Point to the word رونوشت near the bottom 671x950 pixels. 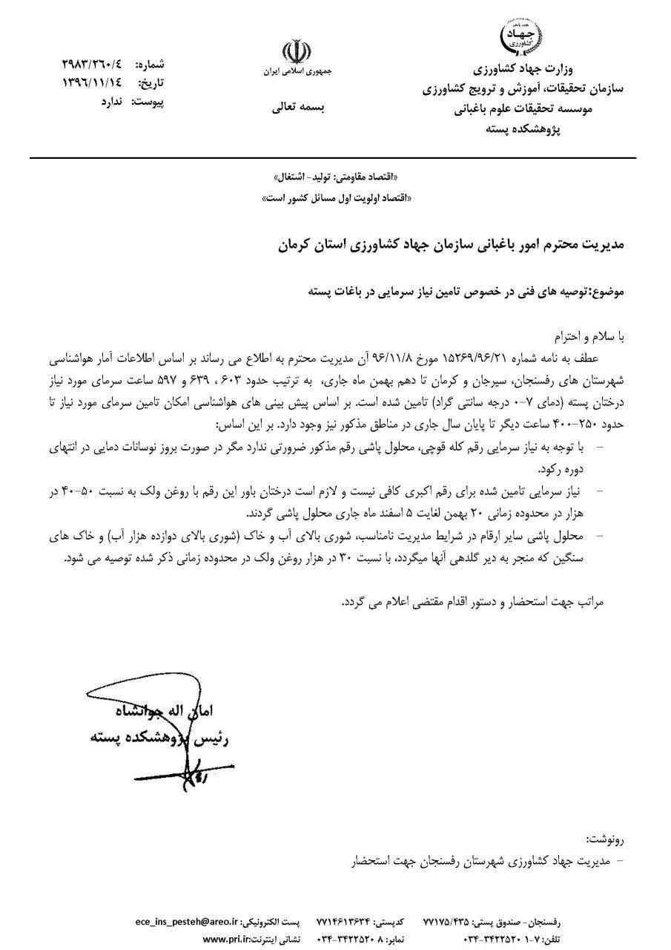coord(604,839)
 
